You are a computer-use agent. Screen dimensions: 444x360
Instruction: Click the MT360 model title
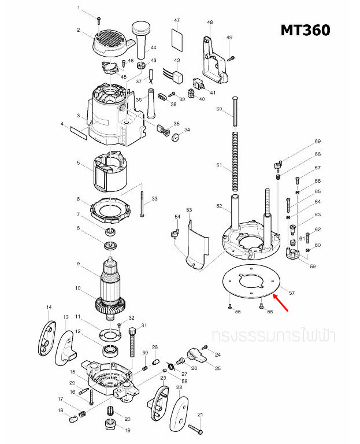[x=306, y=29]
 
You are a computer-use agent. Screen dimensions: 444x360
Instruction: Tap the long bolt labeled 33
[x=141, y=202]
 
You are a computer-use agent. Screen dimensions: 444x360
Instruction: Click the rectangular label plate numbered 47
[x=178, y=39]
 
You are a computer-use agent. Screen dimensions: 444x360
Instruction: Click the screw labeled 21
[x=195, y=428]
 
